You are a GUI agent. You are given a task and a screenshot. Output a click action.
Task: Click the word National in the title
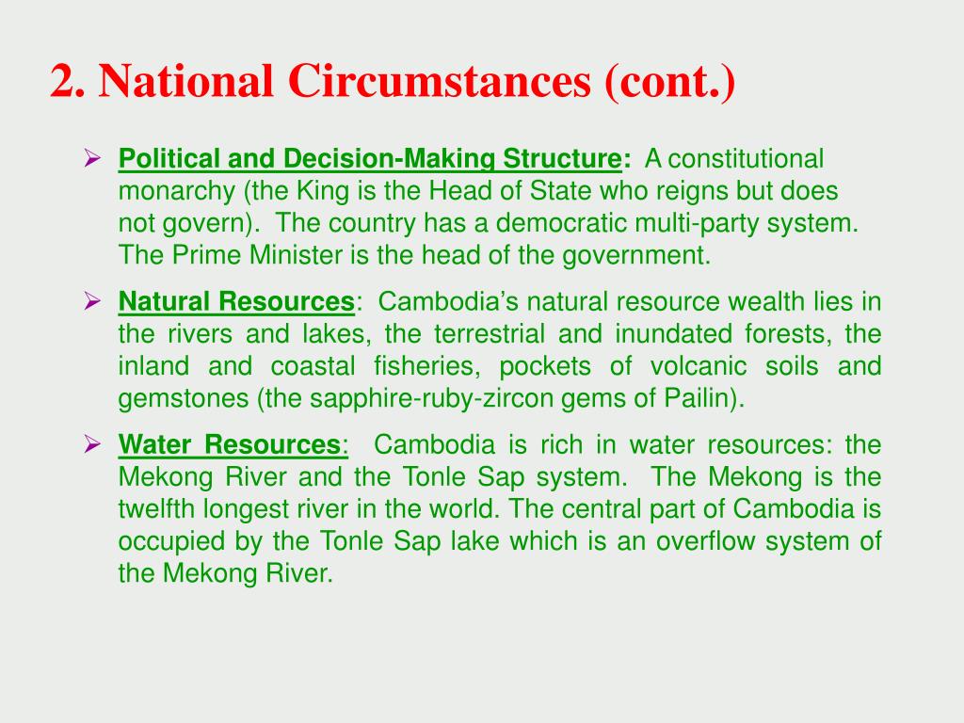coord(186,81)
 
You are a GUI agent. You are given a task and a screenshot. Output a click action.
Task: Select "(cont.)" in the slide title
coord(670,82)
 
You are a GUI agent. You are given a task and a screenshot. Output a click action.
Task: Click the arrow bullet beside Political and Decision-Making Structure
coord(92,158)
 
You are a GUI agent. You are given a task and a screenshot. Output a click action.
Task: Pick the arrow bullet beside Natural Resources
coord(92,301)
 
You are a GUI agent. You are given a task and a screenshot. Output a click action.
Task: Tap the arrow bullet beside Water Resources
coord(92,444)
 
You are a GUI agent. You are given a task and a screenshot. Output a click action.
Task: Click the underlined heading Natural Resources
coord(236,302)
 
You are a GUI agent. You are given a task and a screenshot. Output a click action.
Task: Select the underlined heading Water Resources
coord(230,444)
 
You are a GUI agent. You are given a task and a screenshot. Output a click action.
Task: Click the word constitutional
coord(746,158)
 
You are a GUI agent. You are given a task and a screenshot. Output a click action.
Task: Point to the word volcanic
coord(699,366)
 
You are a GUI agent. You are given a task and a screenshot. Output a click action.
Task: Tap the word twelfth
coord(157,509)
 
